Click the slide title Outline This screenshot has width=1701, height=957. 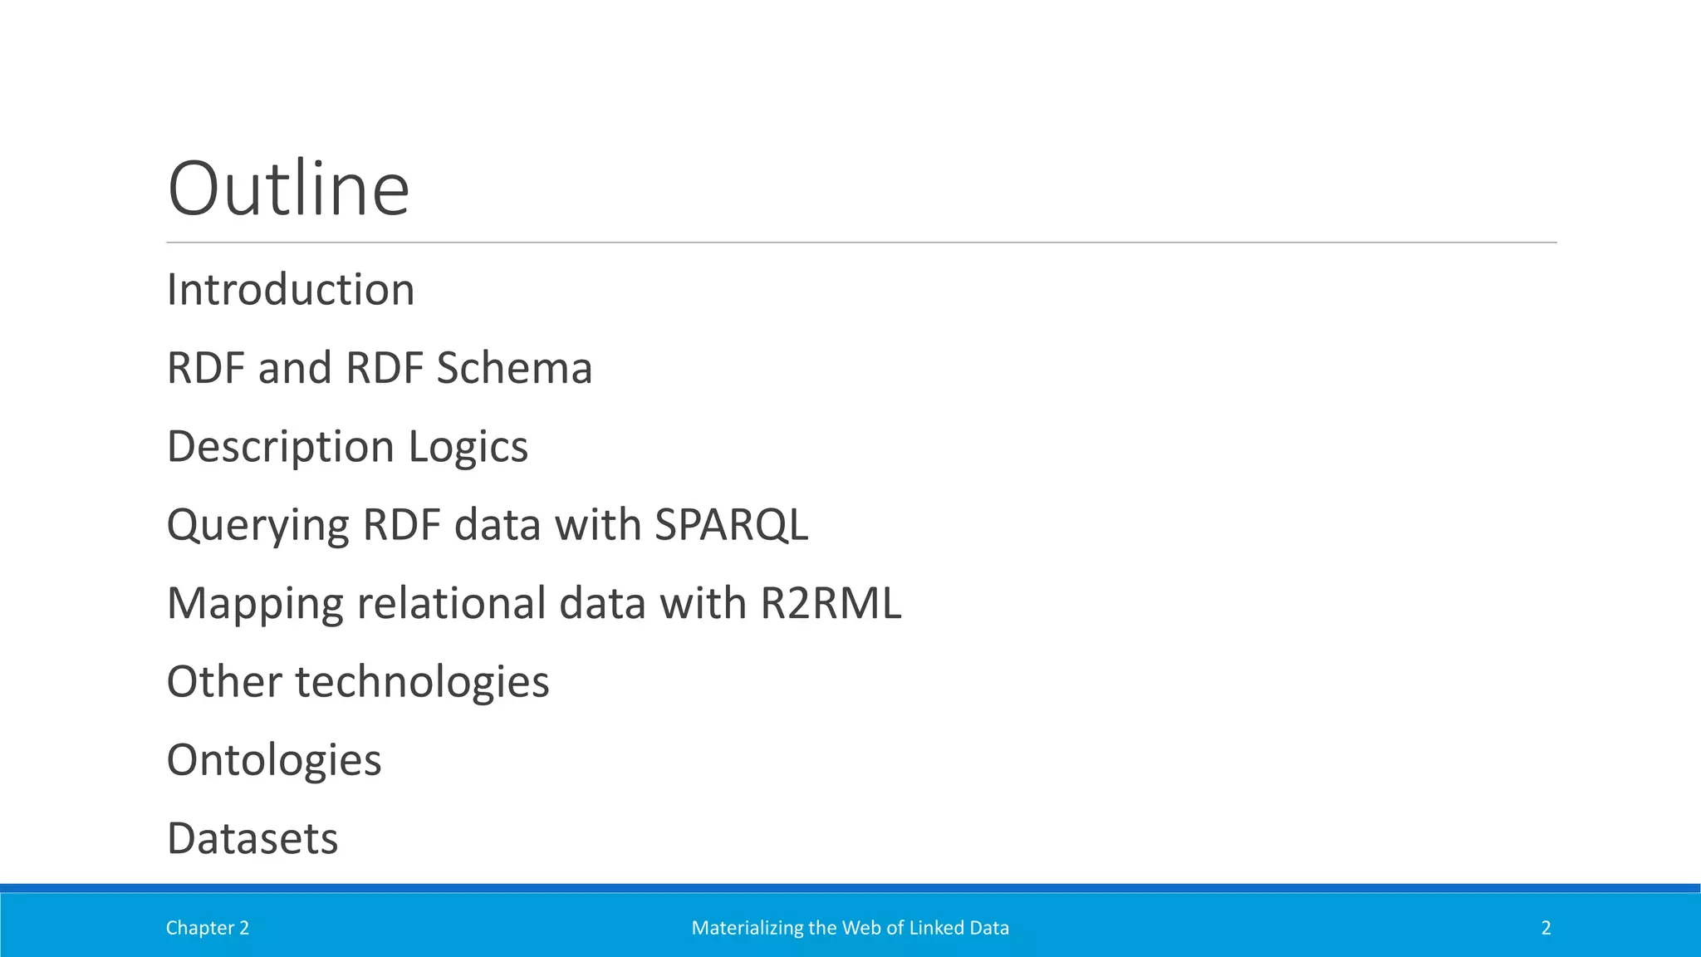click(288, 189)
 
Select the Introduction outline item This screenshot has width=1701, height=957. click(291, 290)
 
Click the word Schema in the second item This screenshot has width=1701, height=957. click(514, 368)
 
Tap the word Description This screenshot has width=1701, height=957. click(281, 447)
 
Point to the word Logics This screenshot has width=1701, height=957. click(468, 447)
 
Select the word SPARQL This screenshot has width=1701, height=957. click(731, 525)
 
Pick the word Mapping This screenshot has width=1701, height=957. click(255, 604)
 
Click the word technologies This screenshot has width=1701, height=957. click(422, 682)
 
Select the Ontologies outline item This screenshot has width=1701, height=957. click(274, 760)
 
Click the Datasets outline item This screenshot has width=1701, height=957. click(252, 838)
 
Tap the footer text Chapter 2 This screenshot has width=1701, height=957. click(208, 928)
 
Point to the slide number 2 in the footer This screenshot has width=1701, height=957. click(1546, 928)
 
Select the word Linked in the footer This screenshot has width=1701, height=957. click(933, 928)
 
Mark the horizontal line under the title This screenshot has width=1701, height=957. click(861, 243)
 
